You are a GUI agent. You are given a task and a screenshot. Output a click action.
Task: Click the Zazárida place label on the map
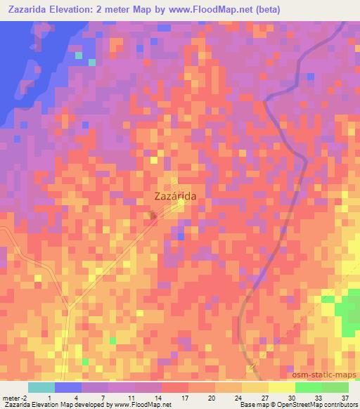[174, 198]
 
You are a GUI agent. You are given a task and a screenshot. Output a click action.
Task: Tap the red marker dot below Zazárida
[153, 215]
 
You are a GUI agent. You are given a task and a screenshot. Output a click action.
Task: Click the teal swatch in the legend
[41, 387]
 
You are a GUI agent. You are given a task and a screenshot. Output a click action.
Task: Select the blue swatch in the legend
[68, 387]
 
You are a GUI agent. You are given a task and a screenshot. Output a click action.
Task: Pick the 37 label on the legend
[344, 397]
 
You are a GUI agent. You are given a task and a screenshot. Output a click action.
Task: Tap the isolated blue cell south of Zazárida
[181, 237]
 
